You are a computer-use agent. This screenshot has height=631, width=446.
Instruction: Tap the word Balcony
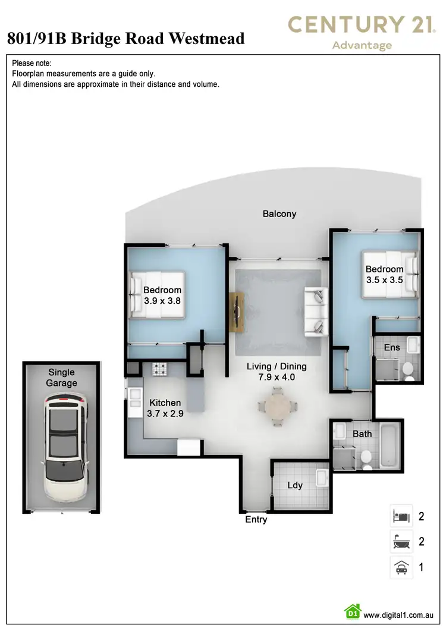pos(279,214)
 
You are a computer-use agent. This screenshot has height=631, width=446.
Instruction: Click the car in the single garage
pos(63,441)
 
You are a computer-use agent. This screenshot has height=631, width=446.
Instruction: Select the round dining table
pos(277,407)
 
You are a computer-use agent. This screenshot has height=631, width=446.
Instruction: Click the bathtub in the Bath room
pos(389,445)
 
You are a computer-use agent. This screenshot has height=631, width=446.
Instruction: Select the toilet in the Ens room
pos(409,370)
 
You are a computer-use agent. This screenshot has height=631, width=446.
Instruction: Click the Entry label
pos(256,520)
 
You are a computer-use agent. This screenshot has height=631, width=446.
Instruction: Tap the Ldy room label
pos(295,485)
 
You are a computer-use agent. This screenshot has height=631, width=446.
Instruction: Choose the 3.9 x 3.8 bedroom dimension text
pos(162,301)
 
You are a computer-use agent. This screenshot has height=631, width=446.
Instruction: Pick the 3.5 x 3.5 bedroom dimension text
pos(384,280)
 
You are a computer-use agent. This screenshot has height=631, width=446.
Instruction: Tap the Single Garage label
pos(62,378)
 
